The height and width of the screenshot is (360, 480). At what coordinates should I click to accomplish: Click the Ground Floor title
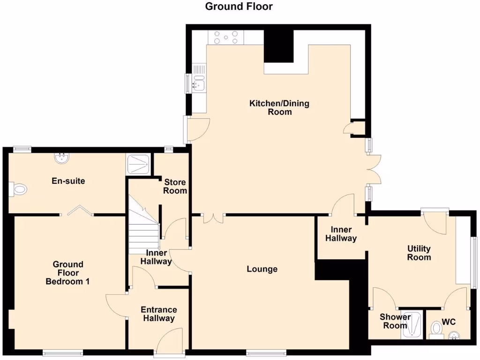[239, 7]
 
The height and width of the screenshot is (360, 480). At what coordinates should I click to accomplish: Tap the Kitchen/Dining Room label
[279, 107]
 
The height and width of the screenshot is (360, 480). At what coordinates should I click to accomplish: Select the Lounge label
[262, 269]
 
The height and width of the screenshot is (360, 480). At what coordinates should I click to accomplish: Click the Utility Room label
[419, 253]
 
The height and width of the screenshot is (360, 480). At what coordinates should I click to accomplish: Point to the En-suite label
[68, 180]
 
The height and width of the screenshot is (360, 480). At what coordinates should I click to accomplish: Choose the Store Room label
[175, 186]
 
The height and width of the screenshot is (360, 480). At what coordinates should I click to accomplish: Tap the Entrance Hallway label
[159, 314]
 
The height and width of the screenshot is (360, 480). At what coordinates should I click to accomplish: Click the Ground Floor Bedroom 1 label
[68, 273]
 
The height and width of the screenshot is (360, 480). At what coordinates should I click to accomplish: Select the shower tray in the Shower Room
[412, 325]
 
